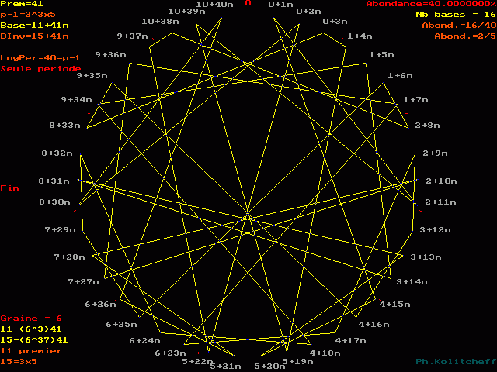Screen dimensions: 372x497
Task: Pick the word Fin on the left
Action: (x=9, y=188)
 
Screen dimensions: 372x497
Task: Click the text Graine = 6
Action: (x=21, y=319)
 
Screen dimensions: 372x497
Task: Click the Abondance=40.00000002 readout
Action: (x=431, y=4)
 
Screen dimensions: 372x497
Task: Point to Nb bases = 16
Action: (x=451, y=15)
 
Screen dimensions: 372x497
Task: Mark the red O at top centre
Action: (x=248, y=3)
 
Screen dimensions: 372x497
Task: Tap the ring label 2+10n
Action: (x=441, y=181)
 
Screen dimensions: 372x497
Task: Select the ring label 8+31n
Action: (x=55, y=181)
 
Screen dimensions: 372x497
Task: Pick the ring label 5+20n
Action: (x=270, y=366)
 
